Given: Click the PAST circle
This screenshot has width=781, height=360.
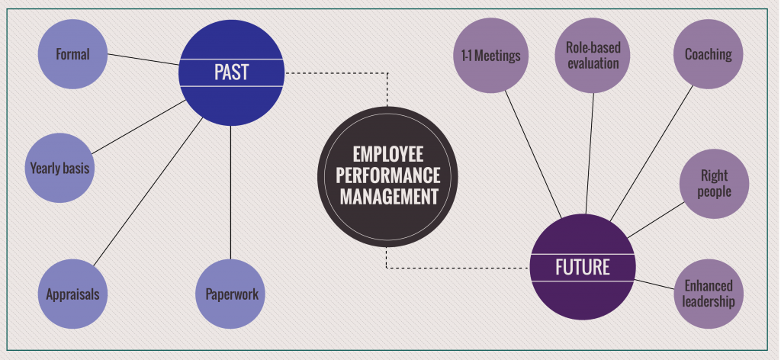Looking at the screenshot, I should [x=231, y=73].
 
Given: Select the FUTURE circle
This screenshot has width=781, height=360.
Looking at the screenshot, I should [x=582, y=267].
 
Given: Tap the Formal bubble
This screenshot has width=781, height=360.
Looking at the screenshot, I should [x=72, y=54].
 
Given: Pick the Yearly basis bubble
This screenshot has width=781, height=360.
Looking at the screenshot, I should [x=59, y=168].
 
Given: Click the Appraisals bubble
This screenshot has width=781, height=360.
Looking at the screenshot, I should [x=72, y=294].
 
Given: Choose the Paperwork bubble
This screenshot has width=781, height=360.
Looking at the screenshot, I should [x=232, y=294].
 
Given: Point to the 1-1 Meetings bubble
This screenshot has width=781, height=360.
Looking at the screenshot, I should [x=490, y=56].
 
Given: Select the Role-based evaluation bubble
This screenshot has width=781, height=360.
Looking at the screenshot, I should [x=593, y=56].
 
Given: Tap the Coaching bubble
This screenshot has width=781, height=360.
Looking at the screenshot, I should [x=708, y=54].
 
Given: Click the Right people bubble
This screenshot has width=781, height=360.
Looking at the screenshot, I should [x=715, y=184].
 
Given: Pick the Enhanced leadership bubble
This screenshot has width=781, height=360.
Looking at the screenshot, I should [x=709, y=294].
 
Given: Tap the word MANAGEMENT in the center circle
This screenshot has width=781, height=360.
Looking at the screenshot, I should [x=389, y=196].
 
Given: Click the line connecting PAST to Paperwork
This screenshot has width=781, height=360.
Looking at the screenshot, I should [x=231, y=191].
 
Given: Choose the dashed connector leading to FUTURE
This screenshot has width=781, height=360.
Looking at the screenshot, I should [x=458, y=268].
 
